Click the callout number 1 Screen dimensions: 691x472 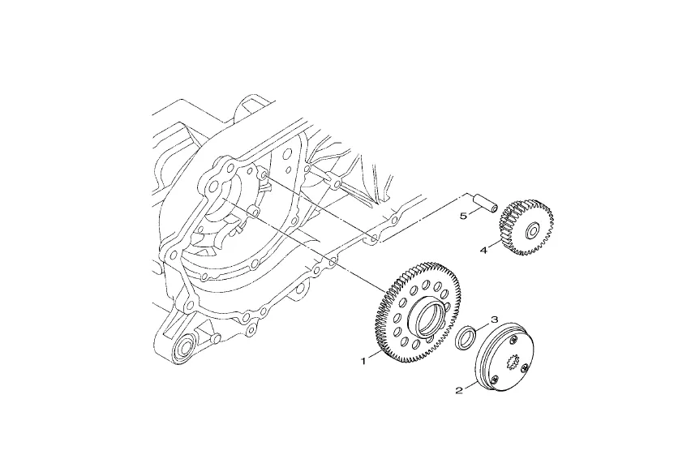coord(363,362)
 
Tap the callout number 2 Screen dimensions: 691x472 coord(459,390)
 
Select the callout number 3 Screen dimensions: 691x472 coord(495,319)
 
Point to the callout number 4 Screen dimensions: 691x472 coord(483,251)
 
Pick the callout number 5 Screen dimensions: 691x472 coord(463,216)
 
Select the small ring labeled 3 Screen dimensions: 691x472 coord(466,338)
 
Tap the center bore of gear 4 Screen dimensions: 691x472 coord(532,230)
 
